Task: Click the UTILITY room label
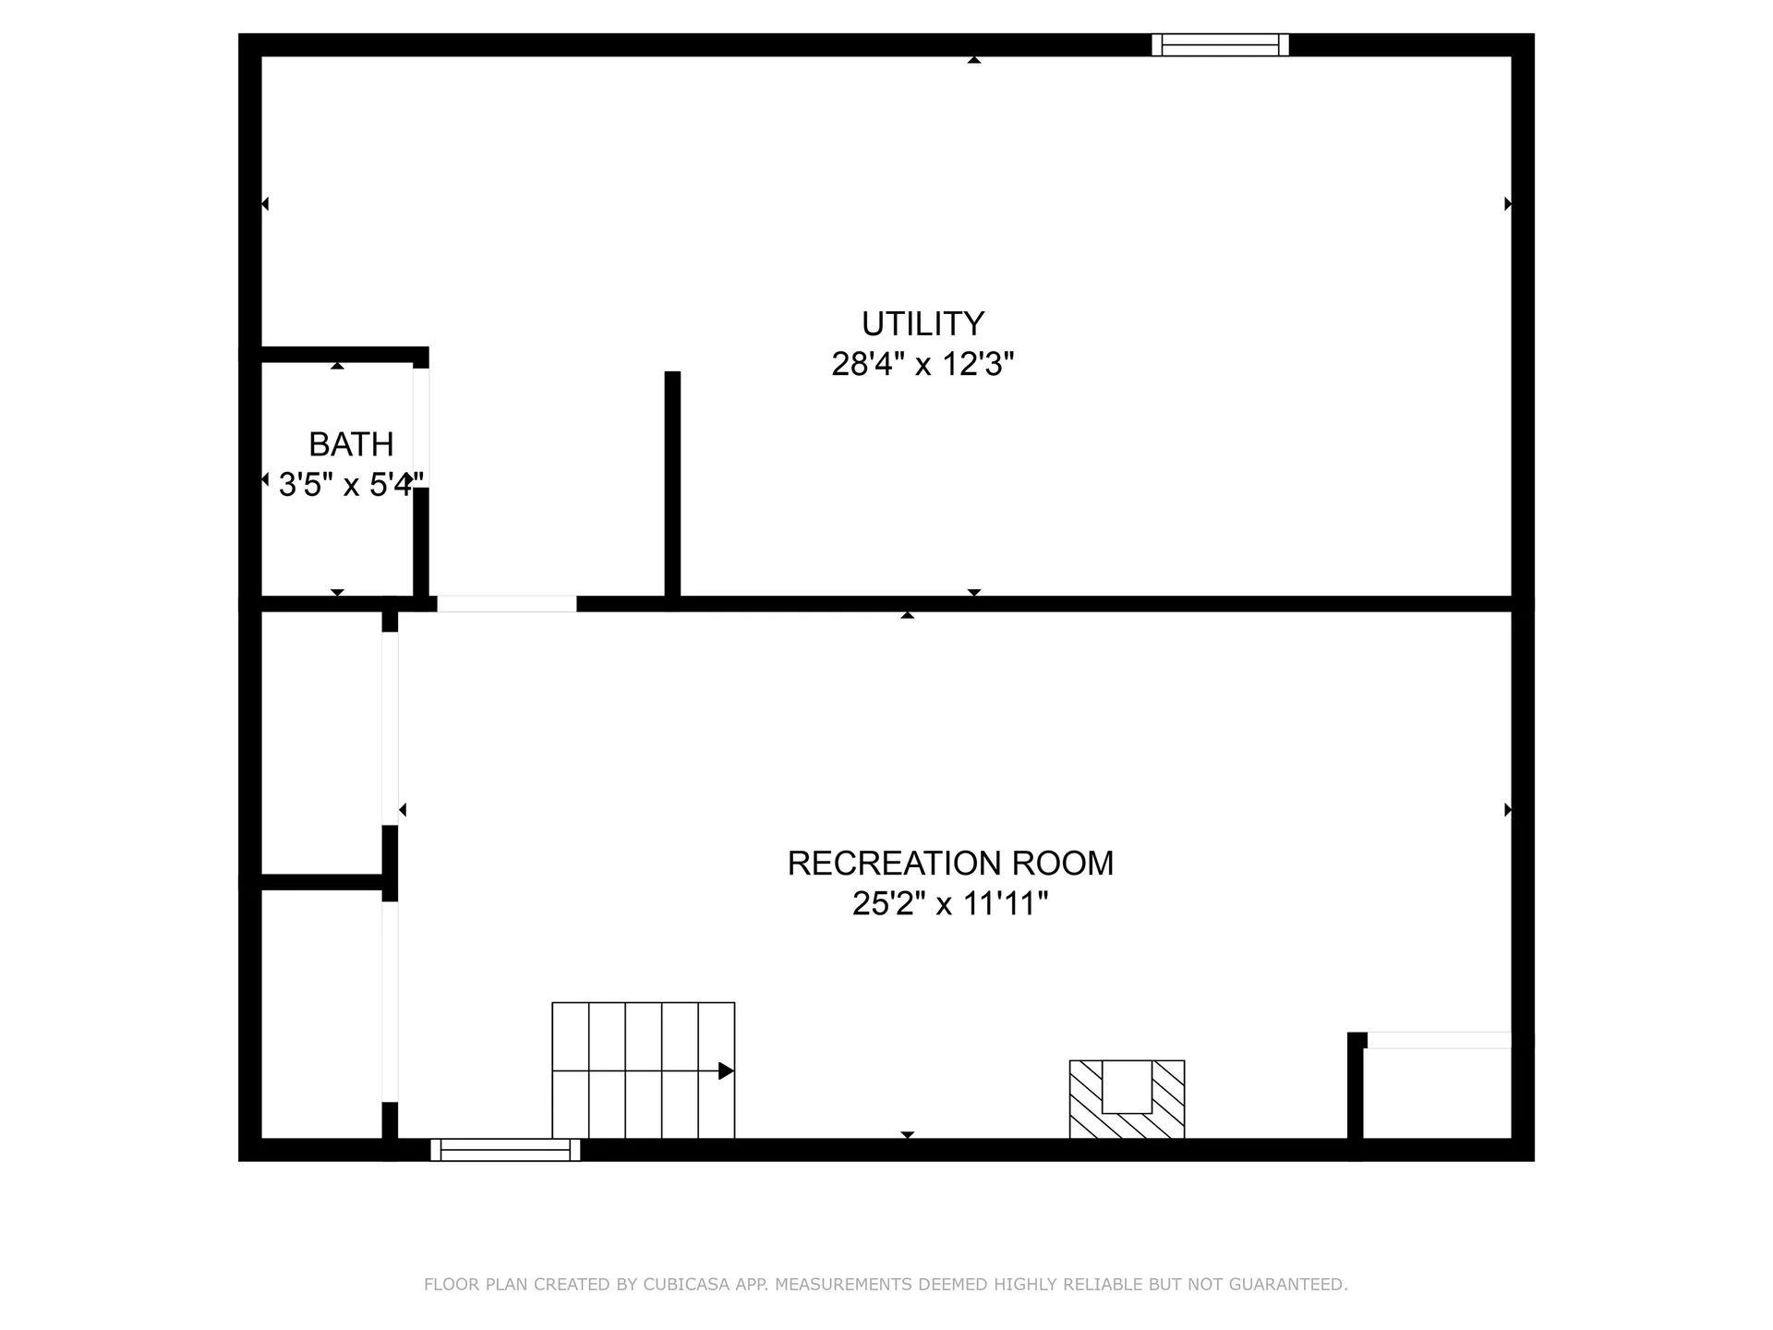tap(923, 324)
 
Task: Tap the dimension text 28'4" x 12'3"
tap(923, 365)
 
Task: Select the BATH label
tap(351, 445)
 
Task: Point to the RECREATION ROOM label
tap(950, 864)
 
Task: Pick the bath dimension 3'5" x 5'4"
tap(351, 485)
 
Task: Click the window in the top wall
tap(1220, 44)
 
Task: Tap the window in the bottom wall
tap(505, 1150)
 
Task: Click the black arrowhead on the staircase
tap(726, 1071)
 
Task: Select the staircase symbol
tap(643, 1070)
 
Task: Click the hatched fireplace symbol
tap(1127, 1099)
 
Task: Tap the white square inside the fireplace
tap(1127, 1087)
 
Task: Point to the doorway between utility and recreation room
tap(506, 604)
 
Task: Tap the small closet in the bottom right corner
tap(1437, 1094)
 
